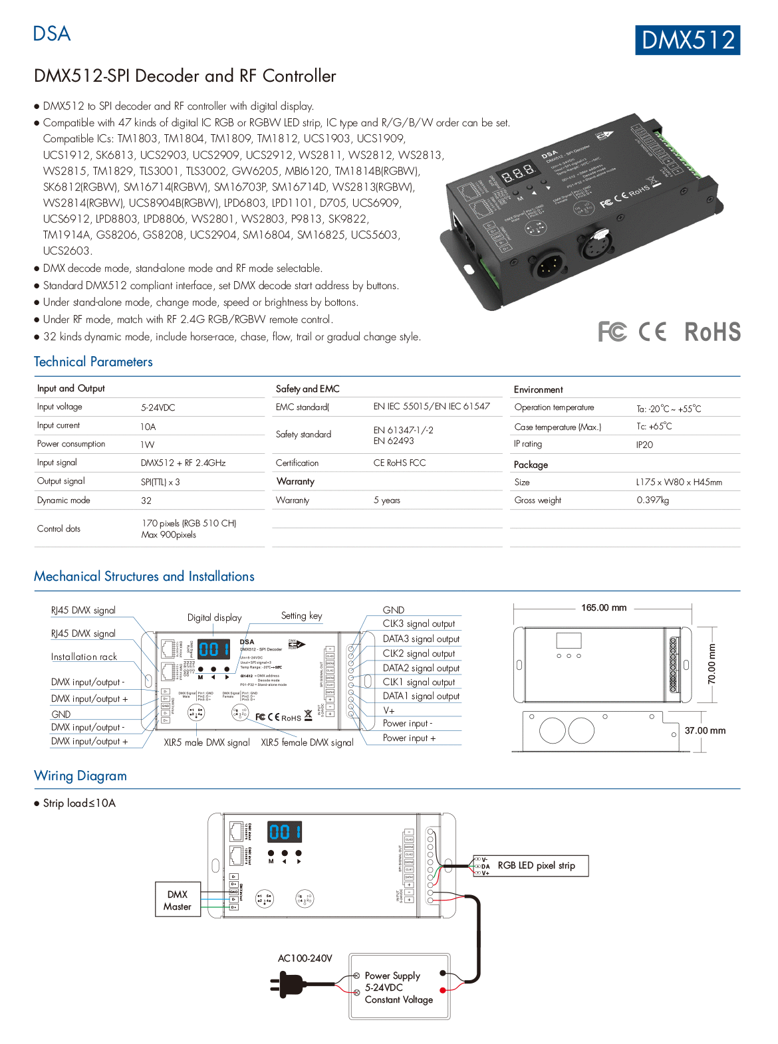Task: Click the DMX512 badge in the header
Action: tap(688, 40)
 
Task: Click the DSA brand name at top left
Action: tap(52, 34)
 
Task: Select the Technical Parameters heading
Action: tap(93, 362)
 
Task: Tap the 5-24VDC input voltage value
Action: tap(158, 407)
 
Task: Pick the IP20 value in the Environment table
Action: tap(644, 445)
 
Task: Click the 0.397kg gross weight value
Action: tap(652, 500)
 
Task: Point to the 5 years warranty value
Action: tap(386, 500)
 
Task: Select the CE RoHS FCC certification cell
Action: tap(399, 463)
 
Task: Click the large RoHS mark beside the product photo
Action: tap(712, 332)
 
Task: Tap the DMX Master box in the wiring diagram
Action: tap(178, 900)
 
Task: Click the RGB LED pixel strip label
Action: tap(536, 865)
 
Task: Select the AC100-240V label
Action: tap(305, 958)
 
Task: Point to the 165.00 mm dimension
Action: tap(603, 607)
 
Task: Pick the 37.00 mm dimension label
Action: tap(705, 730)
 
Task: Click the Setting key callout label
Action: tap(301, 615)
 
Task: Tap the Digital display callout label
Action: tap(214, 617)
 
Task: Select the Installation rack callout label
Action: tap(84, 657)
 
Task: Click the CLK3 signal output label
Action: tap(418, 623)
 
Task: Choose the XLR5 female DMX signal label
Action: tap(307, 742)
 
